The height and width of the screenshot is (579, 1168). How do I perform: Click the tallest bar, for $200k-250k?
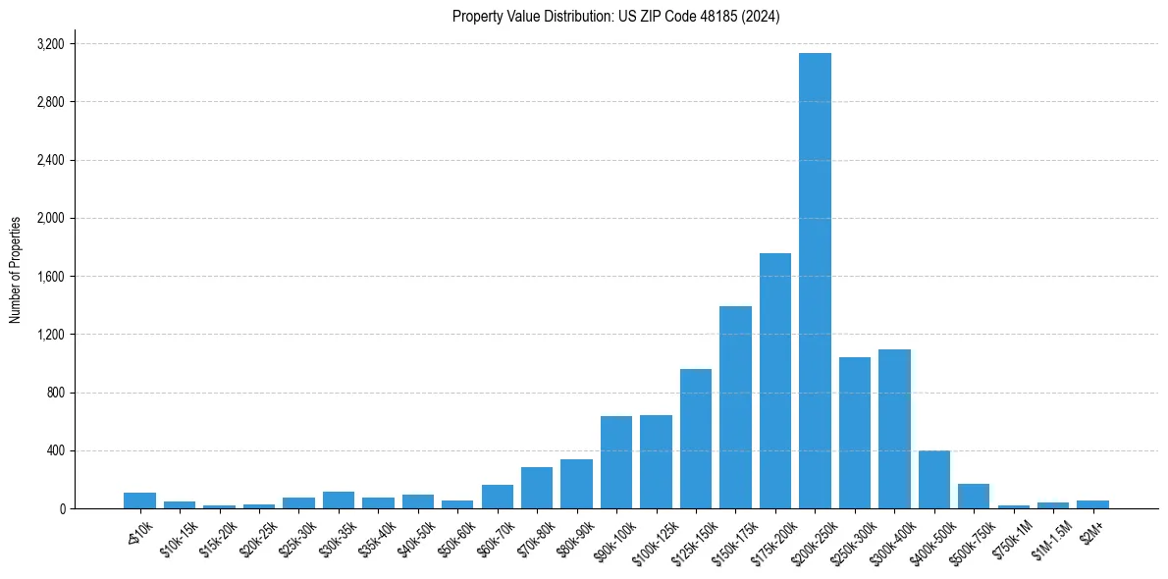tap(815, 281)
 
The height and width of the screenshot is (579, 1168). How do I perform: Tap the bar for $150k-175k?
tap(735, 407)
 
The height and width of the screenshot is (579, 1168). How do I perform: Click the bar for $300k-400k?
tap(894, 429)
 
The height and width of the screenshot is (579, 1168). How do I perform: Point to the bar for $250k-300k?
tap(855, 433)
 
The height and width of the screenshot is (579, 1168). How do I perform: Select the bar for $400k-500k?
tap(934, 480)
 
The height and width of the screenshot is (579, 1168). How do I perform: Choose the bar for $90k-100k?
tap(616, 462)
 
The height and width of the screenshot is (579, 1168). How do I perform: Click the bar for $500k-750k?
tap(974, 497)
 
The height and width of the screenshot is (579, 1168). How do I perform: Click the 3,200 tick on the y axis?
tap(50, 44)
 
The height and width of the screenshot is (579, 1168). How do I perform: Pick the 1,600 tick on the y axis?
tap(50, 277)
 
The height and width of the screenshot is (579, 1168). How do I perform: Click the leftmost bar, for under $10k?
tap(139, 500)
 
